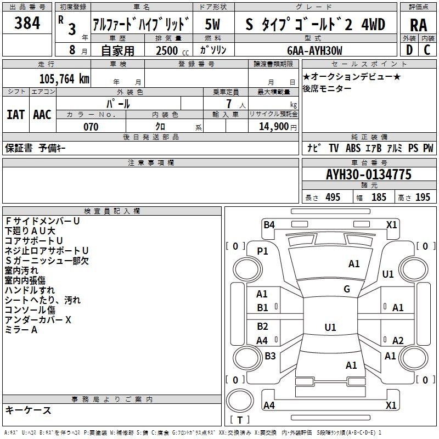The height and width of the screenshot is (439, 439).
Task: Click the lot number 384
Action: point(27,23)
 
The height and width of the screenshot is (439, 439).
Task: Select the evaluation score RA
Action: point(419,25)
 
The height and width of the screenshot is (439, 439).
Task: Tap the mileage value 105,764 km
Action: point(64,78)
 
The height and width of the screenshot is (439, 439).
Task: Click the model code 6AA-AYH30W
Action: point(314,50)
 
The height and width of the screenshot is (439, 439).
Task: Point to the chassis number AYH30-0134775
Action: point(369,175)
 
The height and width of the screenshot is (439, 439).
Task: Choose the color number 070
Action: point(91,127)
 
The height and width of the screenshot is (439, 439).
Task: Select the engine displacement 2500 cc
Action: point(172,50)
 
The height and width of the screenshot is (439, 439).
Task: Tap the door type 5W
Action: point(212,24)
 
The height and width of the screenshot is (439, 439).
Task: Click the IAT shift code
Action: point(16,115)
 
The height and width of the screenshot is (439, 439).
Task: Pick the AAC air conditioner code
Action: point(42,115)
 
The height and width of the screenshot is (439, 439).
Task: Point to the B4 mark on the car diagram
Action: point(269,224)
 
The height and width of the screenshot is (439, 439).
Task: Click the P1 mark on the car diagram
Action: point(262,251)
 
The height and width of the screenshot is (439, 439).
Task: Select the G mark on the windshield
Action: point(347,289)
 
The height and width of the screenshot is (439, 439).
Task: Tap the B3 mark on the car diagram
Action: point(270,356)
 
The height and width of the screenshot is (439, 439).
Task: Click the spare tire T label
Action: point(240,420)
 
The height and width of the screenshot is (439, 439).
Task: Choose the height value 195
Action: point(423,198)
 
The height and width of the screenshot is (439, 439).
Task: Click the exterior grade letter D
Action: point(409,50)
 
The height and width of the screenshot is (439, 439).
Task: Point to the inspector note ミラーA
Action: point(21,330)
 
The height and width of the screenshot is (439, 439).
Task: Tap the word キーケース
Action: point(28,410)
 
